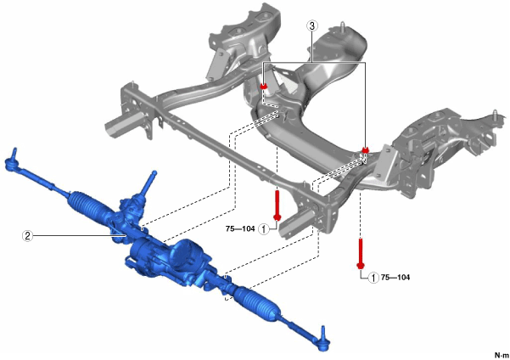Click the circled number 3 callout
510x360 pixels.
point(312,25)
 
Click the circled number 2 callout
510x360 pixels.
point(27,235)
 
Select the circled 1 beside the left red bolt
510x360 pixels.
point(263,229)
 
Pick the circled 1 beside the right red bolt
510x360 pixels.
point(373,278)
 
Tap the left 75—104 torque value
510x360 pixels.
point(240,229)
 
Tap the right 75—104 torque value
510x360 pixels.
point(395,278)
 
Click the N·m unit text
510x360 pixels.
point(502,355)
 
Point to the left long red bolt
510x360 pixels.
point(277,205)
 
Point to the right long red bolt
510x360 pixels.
point(361,254)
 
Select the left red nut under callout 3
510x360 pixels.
point(264,87)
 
